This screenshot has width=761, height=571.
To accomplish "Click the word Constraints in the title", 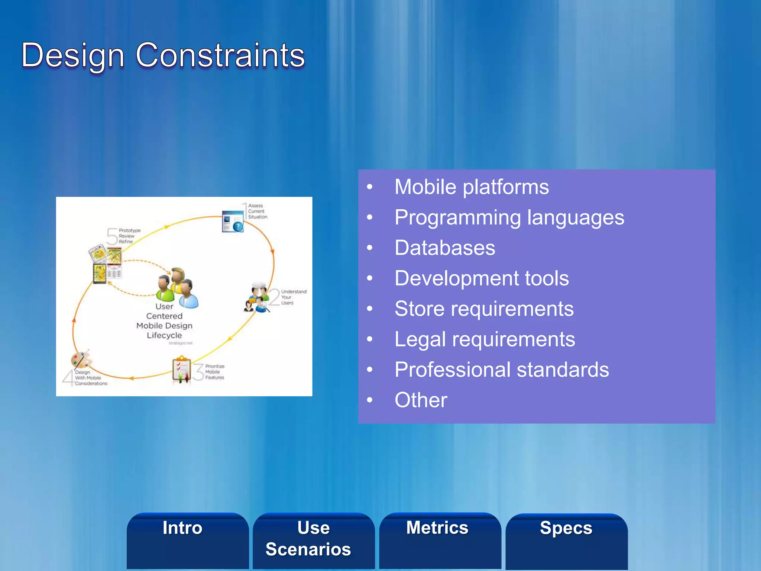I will point(220,56).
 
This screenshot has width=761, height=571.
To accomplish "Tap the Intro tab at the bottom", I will point(182,528).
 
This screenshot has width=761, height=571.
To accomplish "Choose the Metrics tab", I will point(437,528).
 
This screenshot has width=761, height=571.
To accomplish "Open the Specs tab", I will point(566,528).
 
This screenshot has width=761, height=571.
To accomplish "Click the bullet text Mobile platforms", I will point(471,187).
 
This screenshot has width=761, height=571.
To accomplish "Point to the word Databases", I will point(444,248).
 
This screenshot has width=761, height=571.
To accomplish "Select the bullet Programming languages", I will point(509,217).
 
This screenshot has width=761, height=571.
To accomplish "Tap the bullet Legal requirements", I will point(485,339).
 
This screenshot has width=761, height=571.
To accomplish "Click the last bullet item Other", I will point(421,400).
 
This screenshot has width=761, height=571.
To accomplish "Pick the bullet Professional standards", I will point(502,370).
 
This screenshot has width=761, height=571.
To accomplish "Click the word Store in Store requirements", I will point(419,309).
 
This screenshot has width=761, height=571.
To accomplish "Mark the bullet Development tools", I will point(482,278).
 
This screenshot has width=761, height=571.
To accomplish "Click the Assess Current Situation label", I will point(257,211).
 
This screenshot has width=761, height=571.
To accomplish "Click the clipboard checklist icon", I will point(182,370).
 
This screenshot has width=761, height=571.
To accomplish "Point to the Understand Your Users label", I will point(293,297).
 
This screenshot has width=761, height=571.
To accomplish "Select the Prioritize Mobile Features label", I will point(214,372).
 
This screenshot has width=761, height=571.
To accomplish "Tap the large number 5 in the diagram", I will point(112,236).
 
